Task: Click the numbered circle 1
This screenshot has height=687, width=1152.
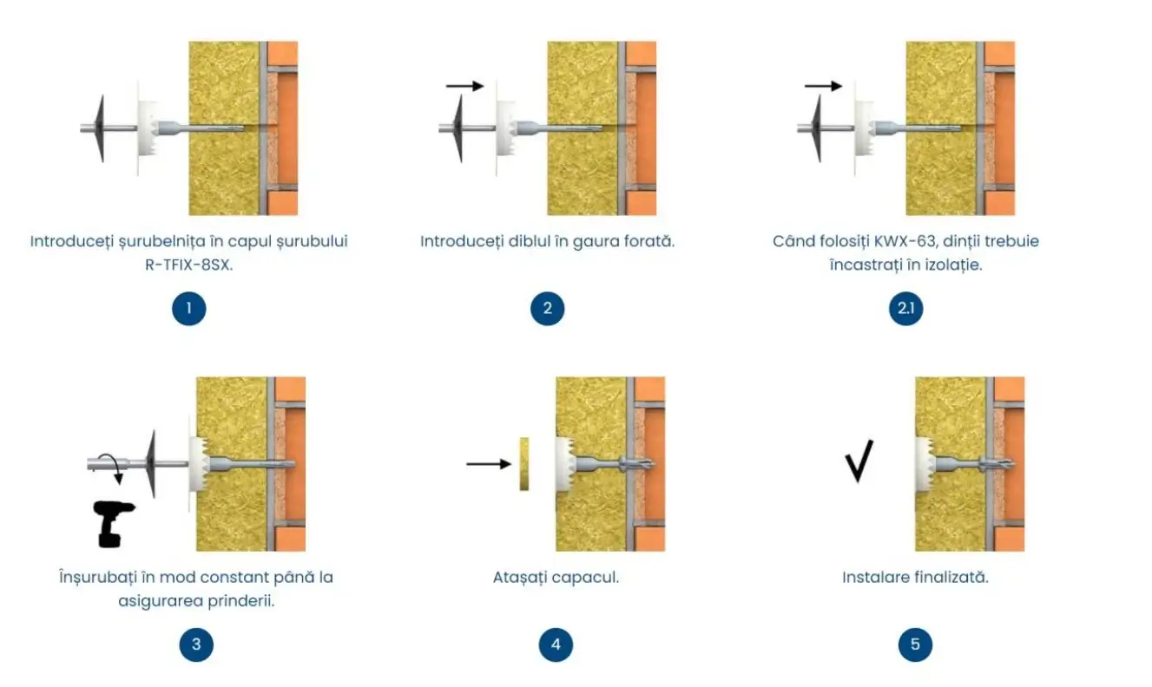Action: coord(188,309)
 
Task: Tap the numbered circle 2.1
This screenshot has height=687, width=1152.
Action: coord(905,309)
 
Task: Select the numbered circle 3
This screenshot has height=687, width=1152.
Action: coord(196,644)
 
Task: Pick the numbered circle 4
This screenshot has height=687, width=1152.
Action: coord(556,644)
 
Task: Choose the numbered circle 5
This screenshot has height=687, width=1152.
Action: coord(915,644)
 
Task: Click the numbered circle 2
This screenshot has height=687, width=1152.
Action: coord(547,309)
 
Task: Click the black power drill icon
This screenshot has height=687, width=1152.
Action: coord(111,523)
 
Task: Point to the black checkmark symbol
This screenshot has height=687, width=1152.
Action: coord(859,461)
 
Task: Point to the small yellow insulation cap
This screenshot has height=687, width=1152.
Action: coord(523,464)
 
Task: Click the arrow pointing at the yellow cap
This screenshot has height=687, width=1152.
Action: coord(488,464)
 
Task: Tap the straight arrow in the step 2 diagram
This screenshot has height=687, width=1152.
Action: coord(464,86)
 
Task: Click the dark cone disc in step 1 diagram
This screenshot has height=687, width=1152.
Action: coord(99,129)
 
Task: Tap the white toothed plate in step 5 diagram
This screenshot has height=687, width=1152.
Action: coord(925,463)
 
